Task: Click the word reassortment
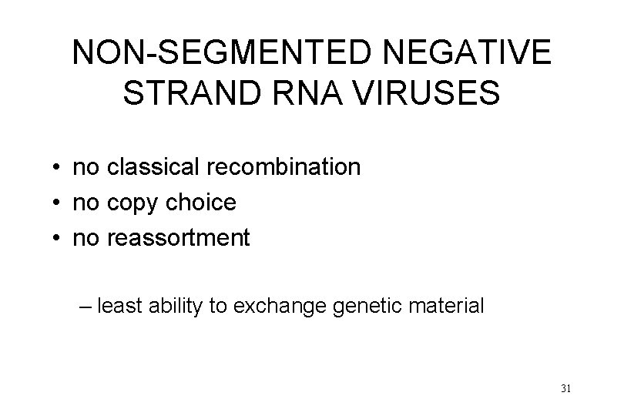[179, 239]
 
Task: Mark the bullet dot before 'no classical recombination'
[58, 167]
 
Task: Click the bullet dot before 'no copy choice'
[58, 203]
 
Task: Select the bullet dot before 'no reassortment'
[58, 240]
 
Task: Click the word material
[448, 307]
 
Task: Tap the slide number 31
[566, 388]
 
